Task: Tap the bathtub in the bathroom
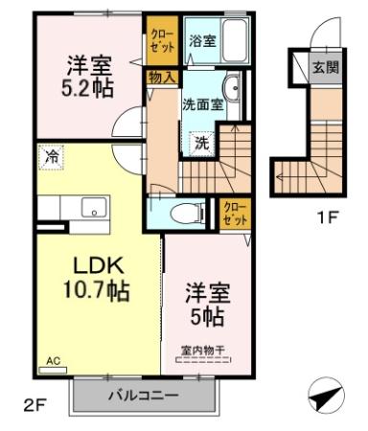click(x=235, y=40)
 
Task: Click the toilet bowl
click(x=188, y=214)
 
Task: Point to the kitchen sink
click(x=94, y=207)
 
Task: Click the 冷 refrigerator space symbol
click(x=51, y=157)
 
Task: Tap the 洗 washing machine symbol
click(x=202, y=144)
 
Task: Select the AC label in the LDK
click(x=53, y=361)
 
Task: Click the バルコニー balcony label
click(x=144, y=397)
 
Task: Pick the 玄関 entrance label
click(x=325, y=68)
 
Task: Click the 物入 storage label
click(x=162, y=78)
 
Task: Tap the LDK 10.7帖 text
click(x=97, y=279)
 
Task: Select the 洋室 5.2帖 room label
click(x=87, y=77)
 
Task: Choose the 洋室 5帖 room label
click(x=208, y=305)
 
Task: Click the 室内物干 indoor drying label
click(x=203, y=351)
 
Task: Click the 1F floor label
click(x=327, y=217)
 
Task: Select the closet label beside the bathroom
click(x=162, y=40)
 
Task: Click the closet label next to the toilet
click(x=235, y=214)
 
